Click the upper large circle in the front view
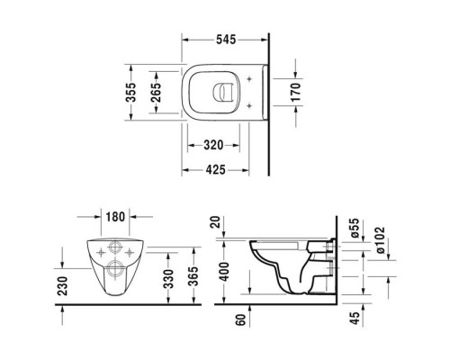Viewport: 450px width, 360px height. (x=116, y=250)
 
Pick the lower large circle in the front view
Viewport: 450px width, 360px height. (x=116, y=265)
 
